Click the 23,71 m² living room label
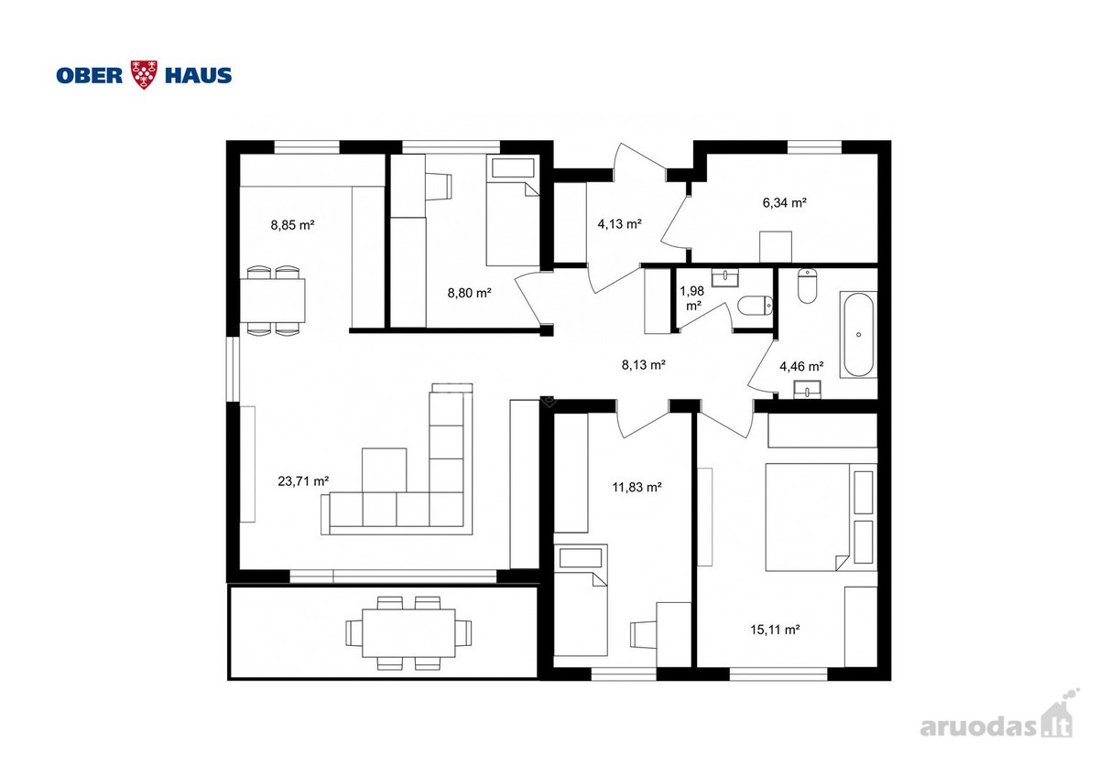tap(303, 481)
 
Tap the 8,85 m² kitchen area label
tap(292, 225)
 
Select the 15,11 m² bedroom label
tap(775, 630)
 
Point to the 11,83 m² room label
tap(637, 487)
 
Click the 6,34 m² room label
tap(785, 202)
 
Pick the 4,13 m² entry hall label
tap(620, 224)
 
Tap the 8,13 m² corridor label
tap(644, 365)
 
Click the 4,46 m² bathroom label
tap(801, 366)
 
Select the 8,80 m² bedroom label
tap(470, 293)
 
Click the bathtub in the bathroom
tap(858, 335)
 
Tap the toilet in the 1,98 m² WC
tap(756, 306)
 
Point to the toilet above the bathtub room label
tap(807, 286)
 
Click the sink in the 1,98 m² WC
tap(725, 278)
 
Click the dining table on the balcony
tap(408, 633)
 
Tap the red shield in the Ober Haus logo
tap(144, 74)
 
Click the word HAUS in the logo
tap(198, 75)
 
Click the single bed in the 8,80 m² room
tap(513, 211)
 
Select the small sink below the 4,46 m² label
tap(808, 391)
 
